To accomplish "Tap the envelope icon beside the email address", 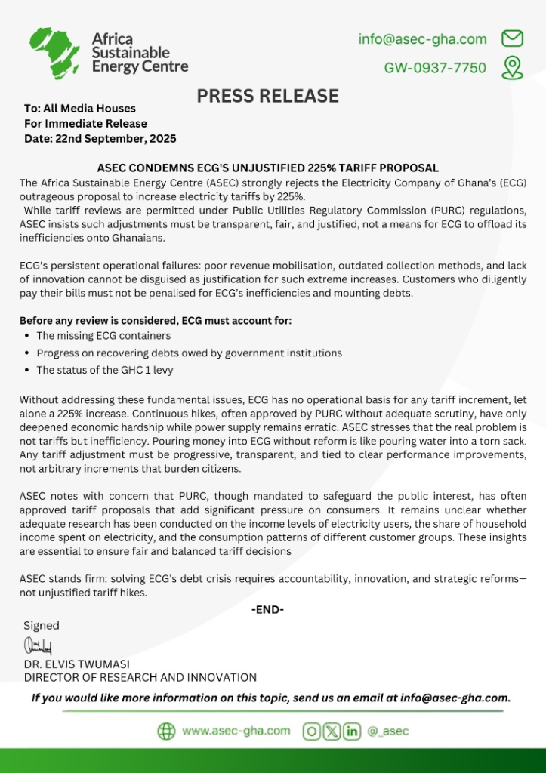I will pyautogui.click(x=513, y=38).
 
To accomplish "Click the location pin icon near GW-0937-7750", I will pyautogui.click(x=513, y=67).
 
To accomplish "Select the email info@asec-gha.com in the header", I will pyautogui.click(x=422, y=39).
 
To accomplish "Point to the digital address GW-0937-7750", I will pyautogui.click(x=435, y=68).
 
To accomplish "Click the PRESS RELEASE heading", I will pyautogui.click(x=268, y=96).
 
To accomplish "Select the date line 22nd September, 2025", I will pyautogui.click(x=100, y=138).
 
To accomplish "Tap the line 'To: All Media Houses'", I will pyautogui.click(x=80, y=109).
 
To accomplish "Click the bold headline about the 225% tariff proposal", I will pyautogui.click(x=268, y=168).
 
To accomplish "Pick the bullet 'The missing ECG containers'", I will pyautogui.click(x=103, y=335).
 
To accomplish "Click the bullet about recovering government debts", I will pyautogui.click(x=189, y=353).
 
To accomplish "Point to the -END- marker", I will pyautogui.click(x=267, y=609).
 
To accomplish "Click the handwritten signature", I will pyautogui.click(x=38, y=645).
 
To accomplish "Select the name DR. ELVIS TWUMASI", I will pyautogui.click(x=77, y=664).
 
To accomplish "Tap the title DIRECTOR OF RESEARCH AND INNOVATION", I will pyautogui.click(x=140, y=677).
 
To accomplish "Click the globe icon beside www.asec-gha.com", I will pyautogui.click(x=166, y=731).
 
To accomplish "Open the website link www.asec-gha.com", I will pyautogui.click(x=236, y=731).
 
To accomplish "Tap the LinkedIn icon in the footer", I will pyautogui.click(x=352, y=731).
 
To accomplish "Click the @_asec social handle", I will pyautogui.click(x=389, y=731).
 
